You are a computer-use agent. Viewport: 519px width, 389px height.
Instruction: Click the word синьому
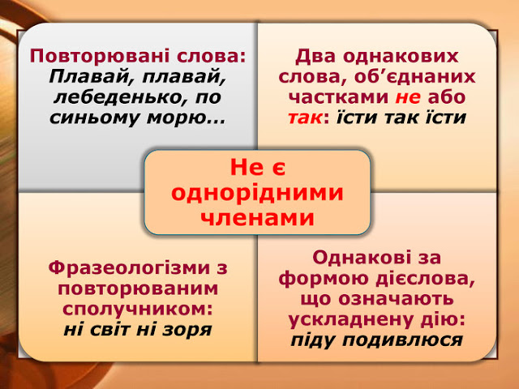point(96,118)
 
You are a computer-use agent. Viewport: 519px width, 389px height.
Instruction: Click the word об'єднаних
point(414,76)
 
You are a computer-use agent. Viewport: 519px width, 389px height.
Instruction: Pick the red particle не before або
point(408,97)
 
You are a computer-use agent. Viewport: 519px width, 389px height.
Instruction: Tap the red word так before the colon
point(305,118)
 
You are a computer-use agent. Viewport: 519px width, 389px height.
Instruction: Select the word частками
point(339,97)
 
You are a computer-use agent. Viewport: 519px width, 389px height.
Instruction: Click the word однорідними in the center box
point(257,193)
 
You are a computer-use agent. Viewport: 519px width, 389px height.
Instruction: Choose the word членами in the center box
point(257,218)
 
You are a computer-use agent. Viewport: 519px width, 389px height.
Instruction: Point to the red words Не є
point(258,167)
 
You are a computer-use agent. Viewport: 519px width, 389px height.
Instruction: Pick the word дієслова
point(423,278)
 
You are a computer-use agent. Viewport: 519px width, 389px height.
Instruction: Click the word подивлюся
point(402,340)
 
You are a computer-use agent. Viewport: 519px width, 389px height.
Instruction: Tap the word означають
point(397,299)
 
